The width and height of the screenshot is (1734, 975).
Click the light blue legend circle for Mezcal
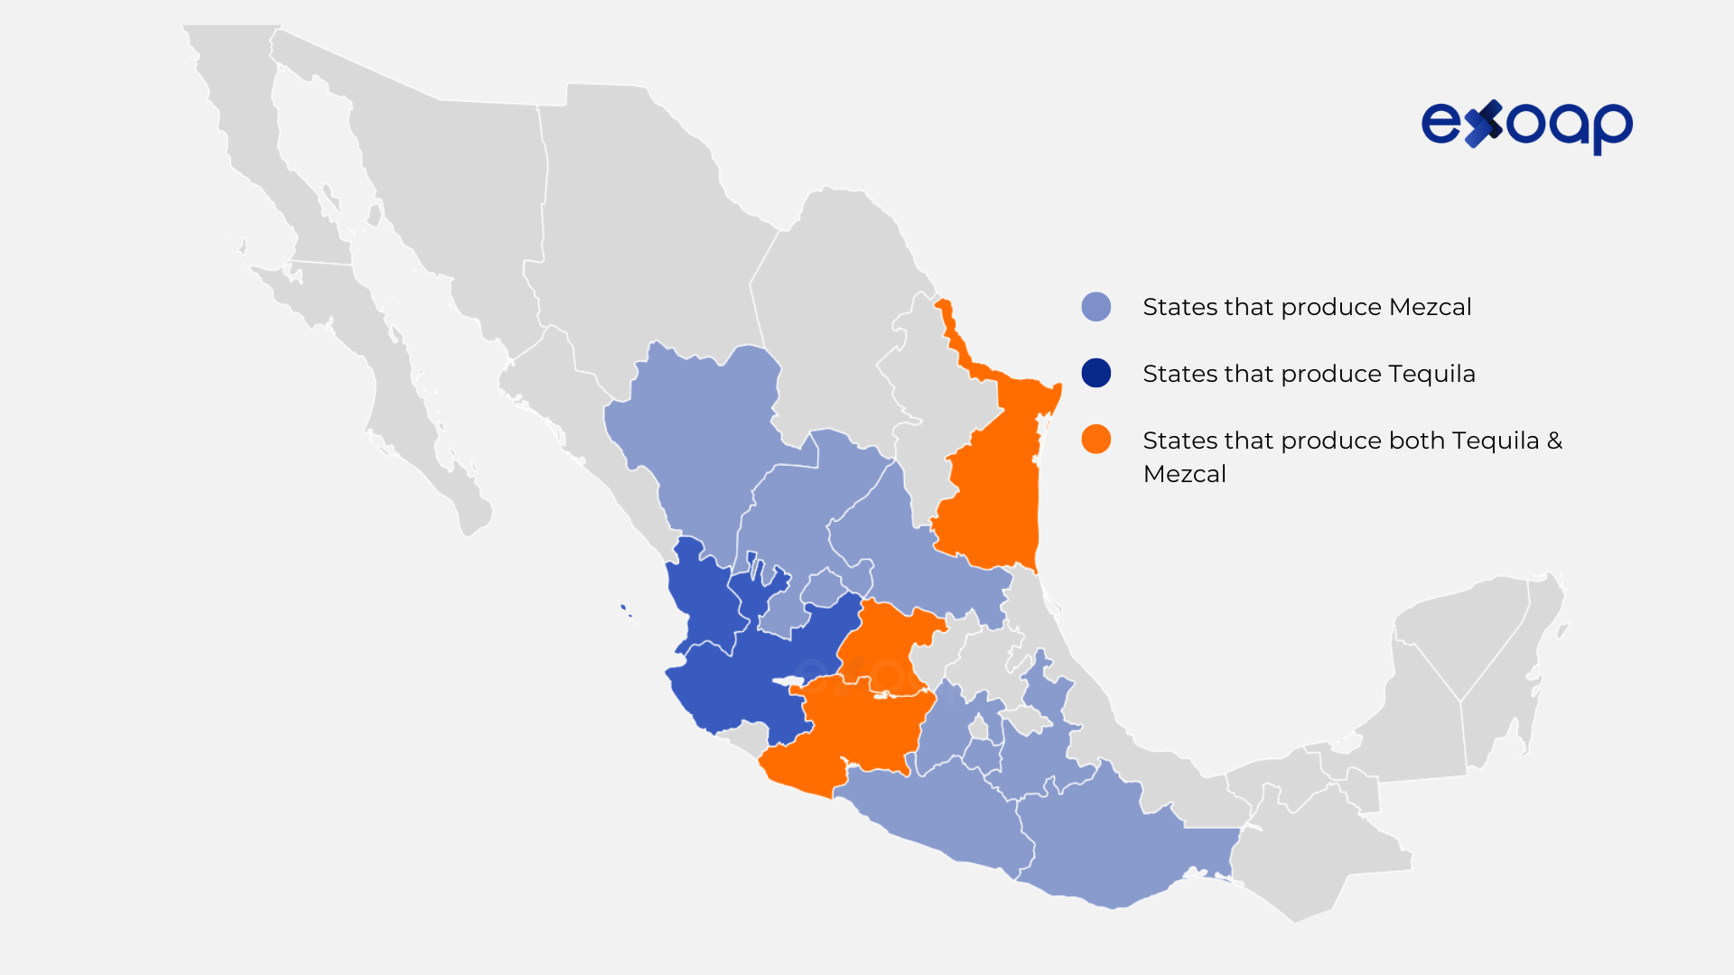[x=1095, y=307]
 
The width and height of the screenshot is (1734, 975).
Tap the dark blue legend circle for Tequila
[x=1095, y=373]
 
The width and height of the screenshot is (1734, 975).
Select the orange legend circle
[x=1095, y=440]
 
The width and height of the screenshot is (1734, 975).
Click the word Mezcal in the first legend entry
[x=1430, y=307]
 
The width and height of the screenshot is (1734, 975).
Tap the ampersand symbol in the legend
[x=1554, y=441]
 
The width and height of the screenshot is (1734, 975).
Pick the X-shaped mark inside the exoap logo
[x=1484, y=124]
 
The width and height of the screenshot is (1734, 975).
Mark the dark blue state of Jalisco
[x=750, y=686]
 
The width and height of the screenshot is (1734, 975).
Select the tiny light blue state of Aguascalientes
[x=823, y=588]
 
